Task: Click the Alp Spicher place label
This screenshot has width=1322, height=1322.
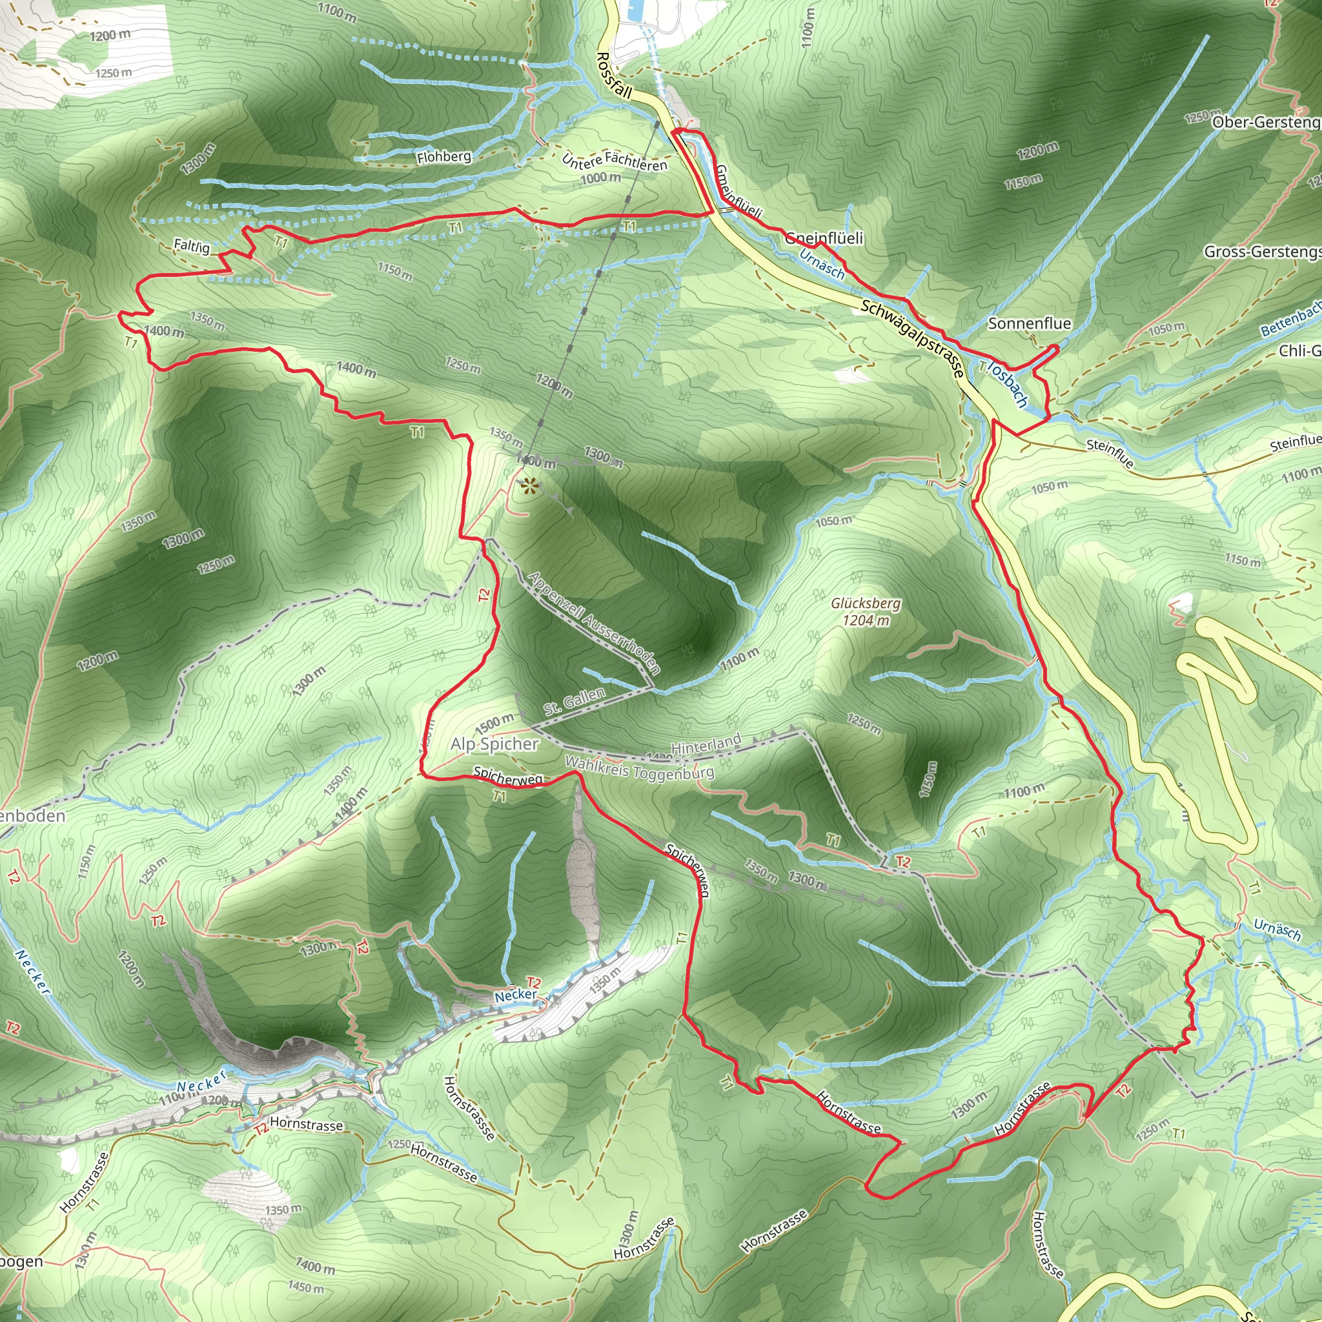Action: tap(494, 744)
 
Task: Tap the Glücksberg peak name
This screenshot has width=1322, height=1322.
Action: tap(866, 604)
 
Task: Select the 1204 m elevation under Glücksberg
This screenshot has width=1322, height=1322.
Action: tap(866, 620)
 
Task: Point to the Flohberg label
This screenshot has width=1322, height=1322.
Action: tap(444, 157)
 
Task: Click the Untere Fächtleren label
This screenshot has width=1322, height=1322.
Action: tap(614, 161)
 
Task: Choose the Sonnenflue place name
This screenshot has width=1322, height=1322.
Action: tap(1029, 323)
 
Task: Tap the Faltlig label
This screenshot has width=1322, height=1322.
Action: tap(192, 245)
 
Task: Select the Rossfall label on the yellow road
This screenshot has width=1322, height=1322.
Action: tap(614, 76)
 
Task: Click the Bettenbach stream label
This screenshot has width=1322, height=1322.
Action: tap(1290, 319)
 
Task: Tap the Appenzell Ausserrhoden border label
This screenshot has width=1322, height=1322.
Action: tap(594, 623)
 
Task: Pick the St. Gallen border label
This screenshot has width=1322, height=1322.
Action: tap(575, 702)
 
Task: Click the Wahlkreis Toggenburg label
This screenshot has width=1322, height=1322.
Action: tap(639, 768)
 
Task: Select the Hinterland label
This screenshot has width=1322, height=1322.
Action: tap(706, 744)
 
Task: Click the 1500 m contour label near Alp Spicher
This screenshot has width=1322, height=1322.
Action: tap(494, 722)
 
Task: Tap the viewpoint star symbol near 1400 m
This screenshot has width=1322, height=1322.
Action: tap(529, 487)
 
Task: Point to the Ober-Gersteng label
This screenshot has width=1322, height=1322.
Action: tap(1266, 123)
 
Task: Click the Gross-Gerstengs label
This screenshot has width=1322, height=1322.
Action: tap(1263, 252)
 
